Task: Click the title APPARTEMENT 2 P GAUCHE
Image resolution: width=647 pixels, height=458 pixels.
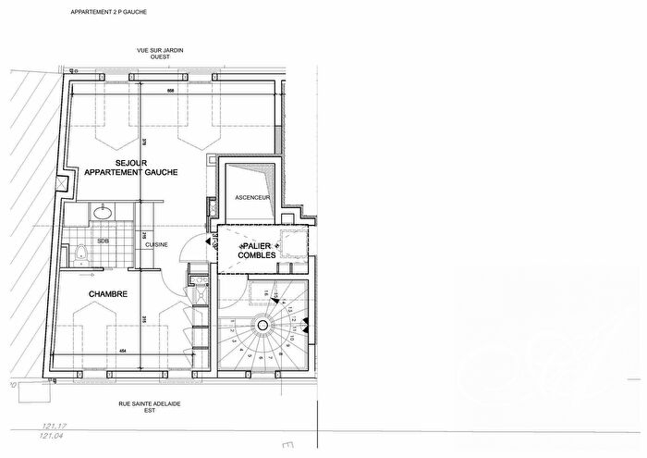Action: (109, 12)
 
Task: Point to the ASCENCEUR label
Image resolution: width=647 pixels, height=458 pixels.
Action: (251, 198)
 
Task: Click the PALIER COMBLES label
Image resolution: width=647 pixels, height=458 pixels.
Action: (256, 249)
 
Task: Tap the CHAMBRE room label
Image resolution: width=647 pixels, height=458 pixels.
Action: (108, 294)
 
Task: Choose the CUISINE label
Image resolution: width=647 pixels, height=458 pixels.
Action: (155, 243)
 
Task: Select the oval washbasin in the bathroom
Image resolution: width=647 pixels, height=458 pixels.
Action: (104, 212)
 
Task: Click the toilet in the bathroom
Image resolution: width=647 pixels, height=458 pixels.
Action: (80, 252)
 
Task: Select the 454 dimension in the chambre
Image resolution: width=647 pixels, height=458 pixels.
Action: (121, 351)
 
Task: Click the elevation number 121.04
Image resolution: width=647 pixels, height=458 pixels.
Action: (52, 435)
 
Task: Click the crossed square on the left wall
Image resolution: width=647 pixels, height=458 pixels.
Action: (61, 183)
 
